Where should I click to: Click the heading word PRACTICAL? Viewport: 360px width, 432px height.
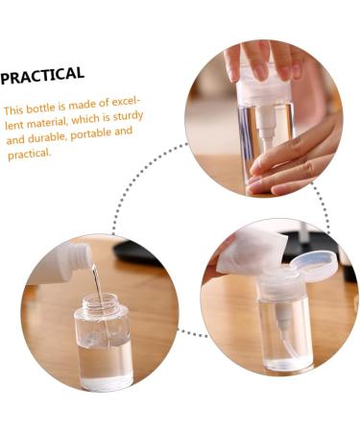tap(43, 75)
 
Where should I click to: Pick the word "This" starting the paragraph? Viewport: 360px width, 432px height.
tap(16, 110)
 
